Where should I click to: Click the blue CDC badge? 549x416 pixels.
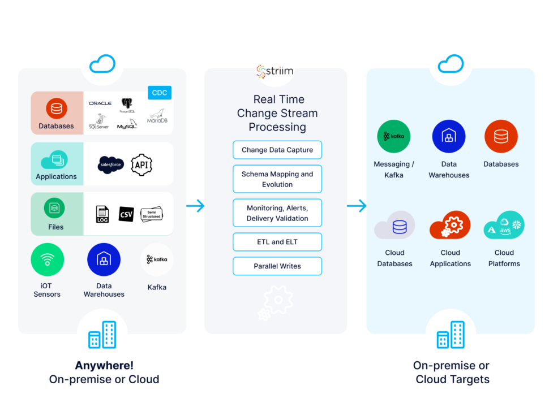(x=159, y=93)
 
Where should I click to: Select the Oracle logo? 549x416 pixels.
(x=100, y=103)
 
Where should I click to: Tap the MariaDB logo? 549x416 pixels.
(x=157, y=115)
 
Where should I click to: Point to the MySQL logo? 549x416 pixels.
(x=127, y=123)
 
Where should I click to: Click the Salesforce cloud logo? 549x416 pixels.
(x=111, y=164)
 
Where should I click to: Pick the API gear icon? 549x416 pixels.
(x=141, y=164)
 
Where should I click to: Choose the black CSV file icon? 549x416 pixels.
(x=126, y=214)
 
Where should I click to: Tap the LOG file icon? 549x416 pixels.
(x=102, y=214)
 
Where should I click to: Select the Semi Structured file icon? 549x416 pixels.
(x=151, y=214)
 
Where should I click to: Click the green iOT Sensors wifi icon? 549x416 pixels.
(x=48, y=259)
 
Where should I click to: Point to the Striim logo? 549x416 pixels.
(x=275, y=72)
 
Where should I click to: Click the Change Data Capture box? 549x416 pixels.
(x=277, y=150)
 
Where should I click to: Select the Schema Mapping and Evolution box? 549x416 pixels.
(x=277, y=179)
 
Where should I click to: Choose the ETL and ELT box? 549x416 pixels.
(x=277, y=242)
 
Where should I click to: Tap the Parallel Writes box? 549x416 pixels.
(x=277, y=266)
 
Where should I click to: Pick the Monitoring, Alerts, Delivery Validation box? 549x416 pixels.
(x=277, y=213)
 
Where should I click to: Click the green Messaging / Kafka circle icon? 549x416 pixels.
(x=394, y=137)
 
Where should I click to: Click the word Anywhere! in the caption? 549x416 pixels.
(x=104, y=366)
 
